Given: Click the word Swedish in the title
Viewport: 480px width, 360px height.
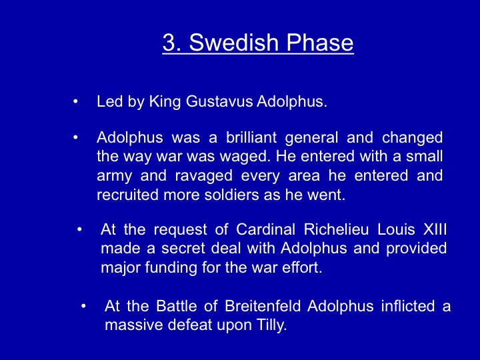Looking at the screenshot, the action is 234,42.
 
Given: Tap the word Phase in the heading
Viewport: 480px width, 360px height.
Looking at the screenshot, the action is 320,42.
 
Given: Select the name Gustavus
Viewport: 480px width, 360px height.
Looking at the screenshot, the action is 219,101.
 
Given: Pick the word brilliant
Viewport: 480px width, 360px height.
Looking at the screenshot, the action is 251,137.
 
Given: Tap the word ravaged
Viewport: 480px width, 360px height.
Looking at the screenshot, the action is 203,177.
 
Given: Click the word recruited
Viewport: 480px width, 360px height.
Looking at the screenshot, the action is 127,195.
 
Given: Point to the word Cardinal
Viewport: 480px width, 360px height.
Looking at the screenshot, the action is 266,229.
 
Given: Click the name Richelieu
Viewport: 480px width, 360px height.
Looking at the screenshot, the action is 336,229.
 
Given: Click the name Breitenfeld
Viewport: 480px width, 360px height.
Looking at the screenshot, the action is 263,306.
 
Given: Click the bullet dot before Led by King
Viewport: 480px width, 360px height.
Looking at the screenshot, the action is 75,101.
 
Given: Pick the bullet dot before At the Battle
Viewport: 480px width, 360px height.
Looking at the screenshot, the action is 83,306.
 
